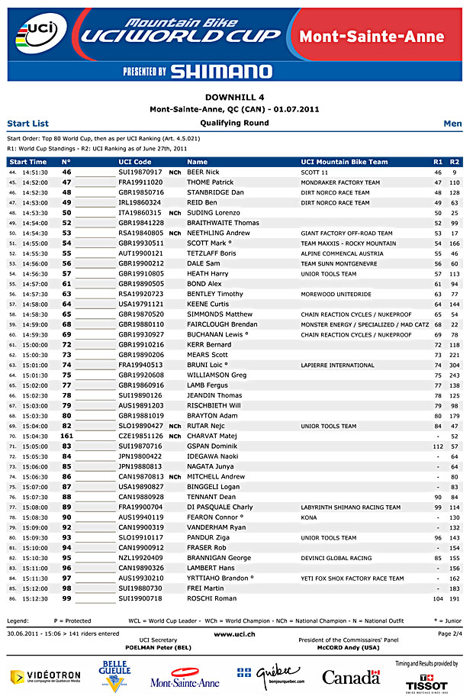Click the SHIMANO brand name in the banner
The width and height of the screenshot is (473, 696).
(x=220, y=71)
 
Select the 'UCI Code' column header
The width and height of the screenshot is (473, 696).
(x=135, y=162)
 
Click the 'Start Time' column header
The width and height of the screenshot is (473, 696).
(x=28, y=162)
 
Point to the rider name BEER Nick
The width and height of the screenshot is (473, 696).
(x=203, y=172)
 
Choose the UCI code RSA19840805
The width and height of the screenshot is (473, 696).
(x=140, y=233)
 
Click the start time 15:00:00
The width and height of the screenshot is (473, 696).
(x=35, y=344)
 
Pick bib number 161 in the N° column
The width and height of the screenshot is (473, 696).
(x=66, y=436)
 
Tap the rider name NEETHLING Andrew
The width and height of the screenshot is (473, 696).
(x=218, y=233)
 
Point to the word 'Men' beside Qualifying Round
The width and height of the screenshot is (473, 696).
(x=452, y=123)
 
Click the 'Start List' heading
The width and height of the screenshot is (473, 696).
(x=27, y=123)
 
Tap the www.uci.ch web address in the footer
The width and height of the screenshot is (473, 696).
(x=234, y=633)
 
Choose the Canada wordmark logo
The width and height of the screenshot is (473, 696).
(x=351, y=677)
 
